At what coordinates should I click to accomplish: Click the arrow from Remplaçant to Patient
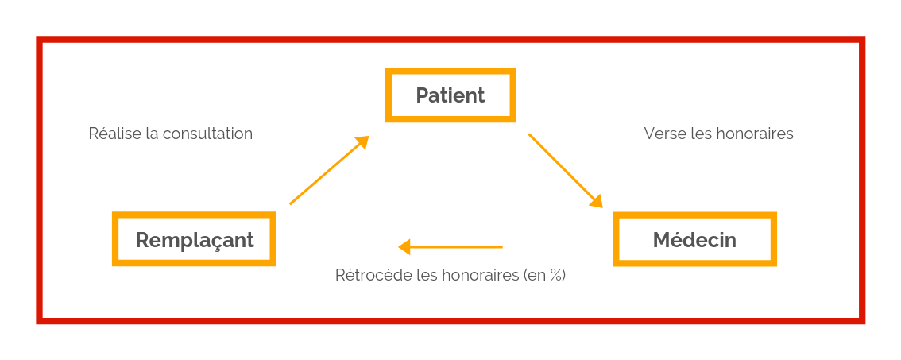[329, 170]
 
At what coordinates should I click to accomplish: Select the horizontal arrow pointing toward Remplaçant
[450, 247]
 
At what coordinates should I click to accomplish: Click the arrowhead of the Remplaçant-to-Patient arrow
[362, 142]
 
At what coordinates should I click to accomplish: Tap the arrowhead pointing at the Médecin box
[597, 201]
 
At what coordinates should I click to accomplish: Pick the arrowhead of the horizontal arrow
[404, 247]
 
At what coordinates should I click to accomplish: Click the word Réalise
[107, 134]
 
